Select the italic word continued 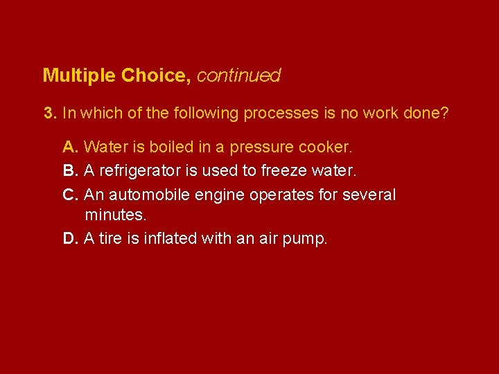[x=239, y=75]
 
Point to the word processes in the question [x=281, y=113]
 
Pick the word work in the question [x=383, y=113]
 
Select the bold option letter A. [x=69, y=148]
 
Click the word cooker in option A [x=327, y=148]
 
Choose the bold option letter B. [x=69, y=170]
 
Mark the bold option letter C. [x=69, y=195]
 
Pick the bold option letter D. [x=69, y=239]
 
